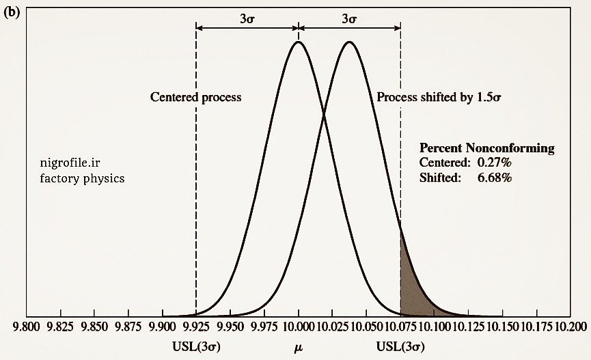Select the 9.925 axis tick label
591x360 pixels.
pos(196,328)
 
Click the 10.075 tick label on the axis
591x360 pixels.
pos(400,328)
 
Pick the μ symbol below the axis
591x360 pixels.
pos(299,347)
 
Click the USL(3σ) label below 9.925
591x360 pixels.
pos(196,346)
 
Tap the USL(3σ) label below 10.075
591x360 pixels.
pos(400,346)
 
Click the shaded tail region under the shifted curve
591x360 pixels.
pos(409,294)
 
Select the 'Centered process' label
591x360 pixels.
pos(196,97)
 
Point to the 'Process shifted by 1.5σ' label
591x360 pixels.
pos(439,97)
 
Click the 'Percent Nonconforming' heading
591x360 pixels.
pos(486,148)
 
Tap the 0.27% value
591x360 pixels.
pos(494,163)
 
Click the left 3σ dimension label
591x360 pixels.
pos(247,19)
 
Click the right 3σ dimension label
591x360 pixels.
pos(349,19)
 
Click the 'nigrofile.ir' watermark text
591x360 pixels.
pos(70,163)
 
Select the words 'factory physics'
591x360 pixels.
pos(82,178)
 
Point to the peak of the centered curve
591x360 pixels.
pos(298,42)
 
